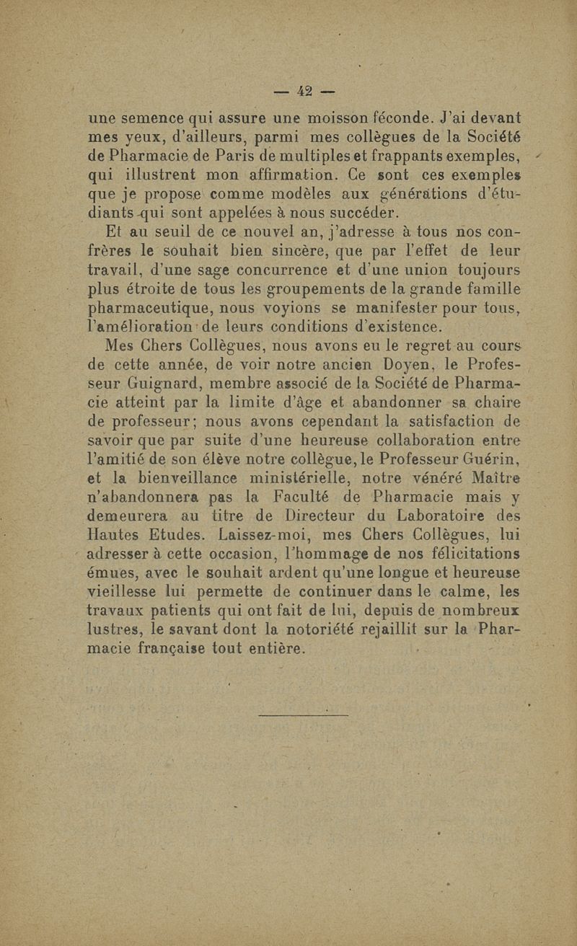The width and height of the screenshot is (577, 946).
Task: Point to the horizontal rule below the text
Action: pos(303,715)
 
